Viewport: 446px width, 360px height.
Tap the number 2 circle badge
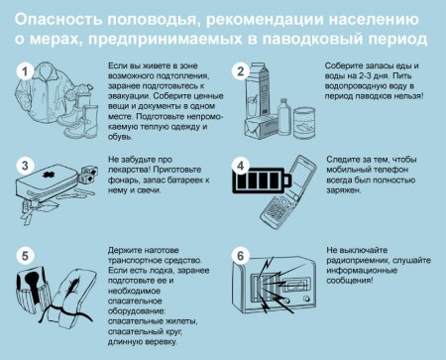point(239,71)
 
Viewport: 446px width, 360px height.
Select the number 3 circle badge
point(29,164)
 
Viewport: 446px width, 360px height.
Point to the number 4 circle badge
point(239,165)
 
